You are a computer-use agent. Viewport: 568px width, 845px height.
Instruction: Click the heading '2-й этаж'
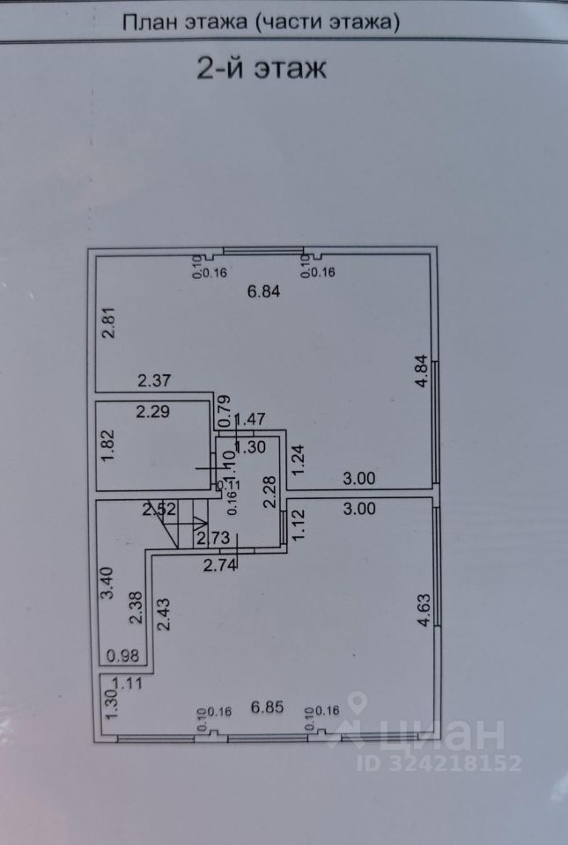point(260,69)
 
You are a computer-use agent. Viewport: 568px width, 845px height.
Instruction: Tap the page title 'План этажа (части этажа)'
point(261,22)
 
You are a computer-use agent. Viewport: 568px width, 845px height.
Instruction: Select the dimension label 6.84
point(263,294)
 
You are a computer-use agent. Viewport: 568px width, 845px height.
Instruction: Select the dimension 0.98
point(122,655)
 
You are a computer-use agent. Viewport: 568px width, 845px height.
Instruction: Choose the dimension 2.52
point(160,508)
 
